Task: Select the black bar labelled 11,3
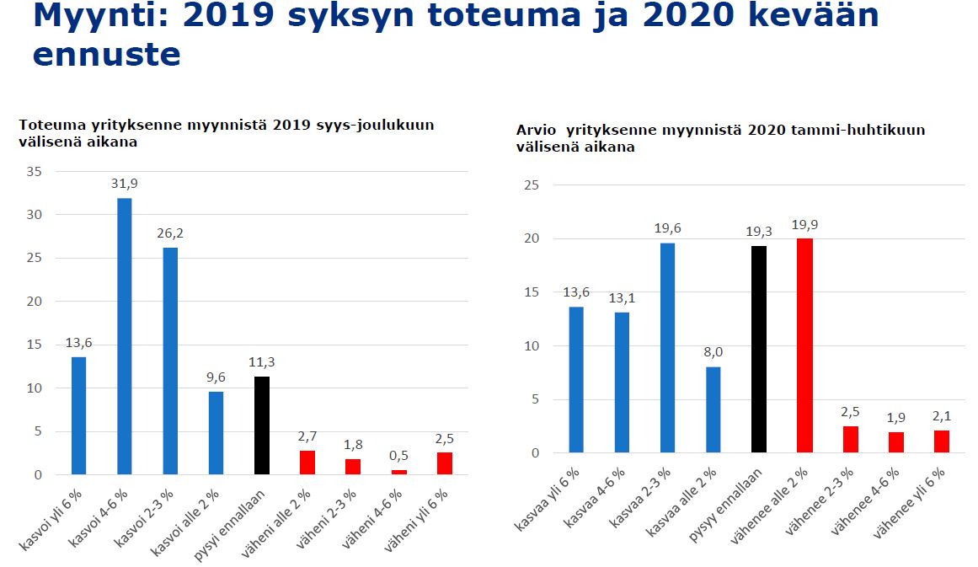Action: (x=261, y=425)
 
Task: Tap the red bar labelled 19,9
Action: (x=804, y=345)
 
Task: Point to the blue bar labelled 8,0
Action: (x=713, y=409)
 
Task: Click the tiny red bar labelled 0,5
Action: (x=398, y=472)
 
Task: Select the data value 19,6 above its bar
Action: (x=667, y=227)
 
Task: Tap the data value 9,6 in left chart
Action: (x=215, y=377)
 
